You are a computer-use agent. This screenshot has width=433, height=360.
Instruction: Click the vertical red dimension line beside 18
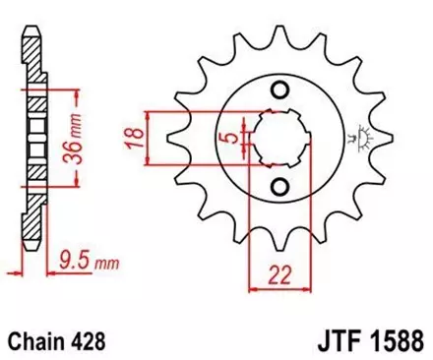tap(147, 140)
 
